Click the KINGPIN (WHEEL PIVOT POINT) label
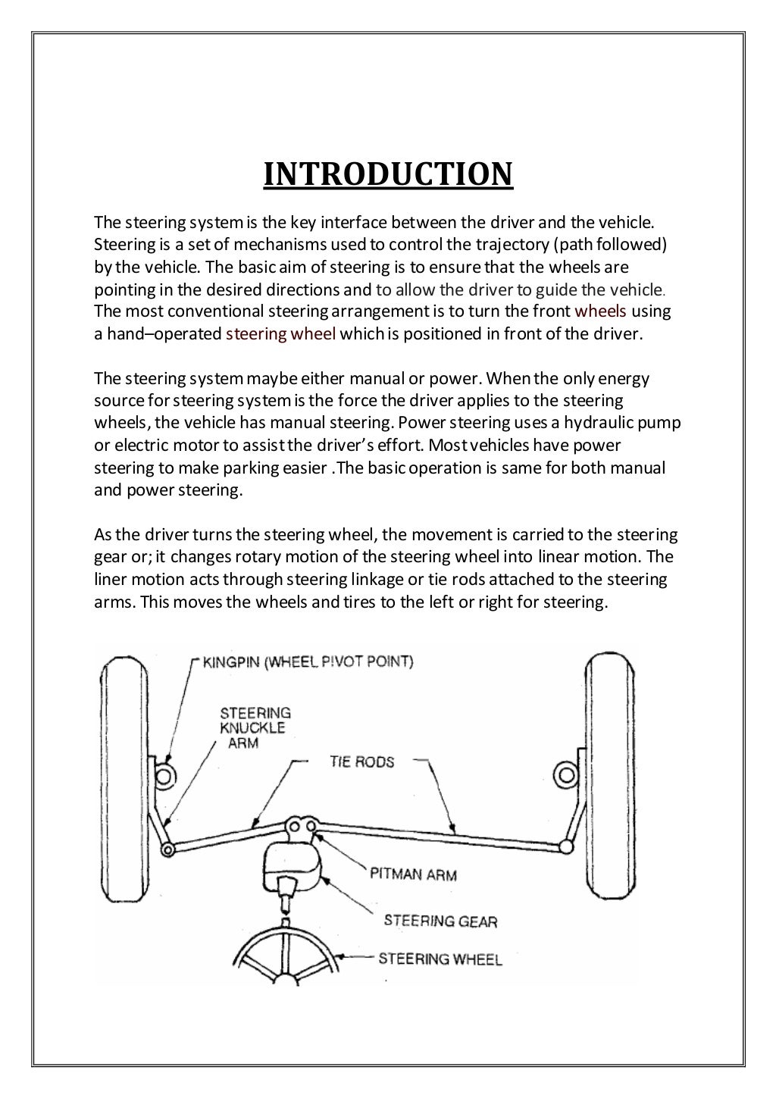[308, 662]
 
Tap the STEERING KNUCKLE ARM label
[255, 727]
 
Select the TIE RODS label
[361, 762]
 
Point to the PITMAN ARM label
[413, 874]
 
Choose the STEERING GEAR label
[440, 921]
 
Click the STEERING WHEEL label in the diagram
[440, 959]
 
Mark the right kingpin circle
[565, 774]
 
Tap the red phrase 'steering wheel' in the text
[280, 333]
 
